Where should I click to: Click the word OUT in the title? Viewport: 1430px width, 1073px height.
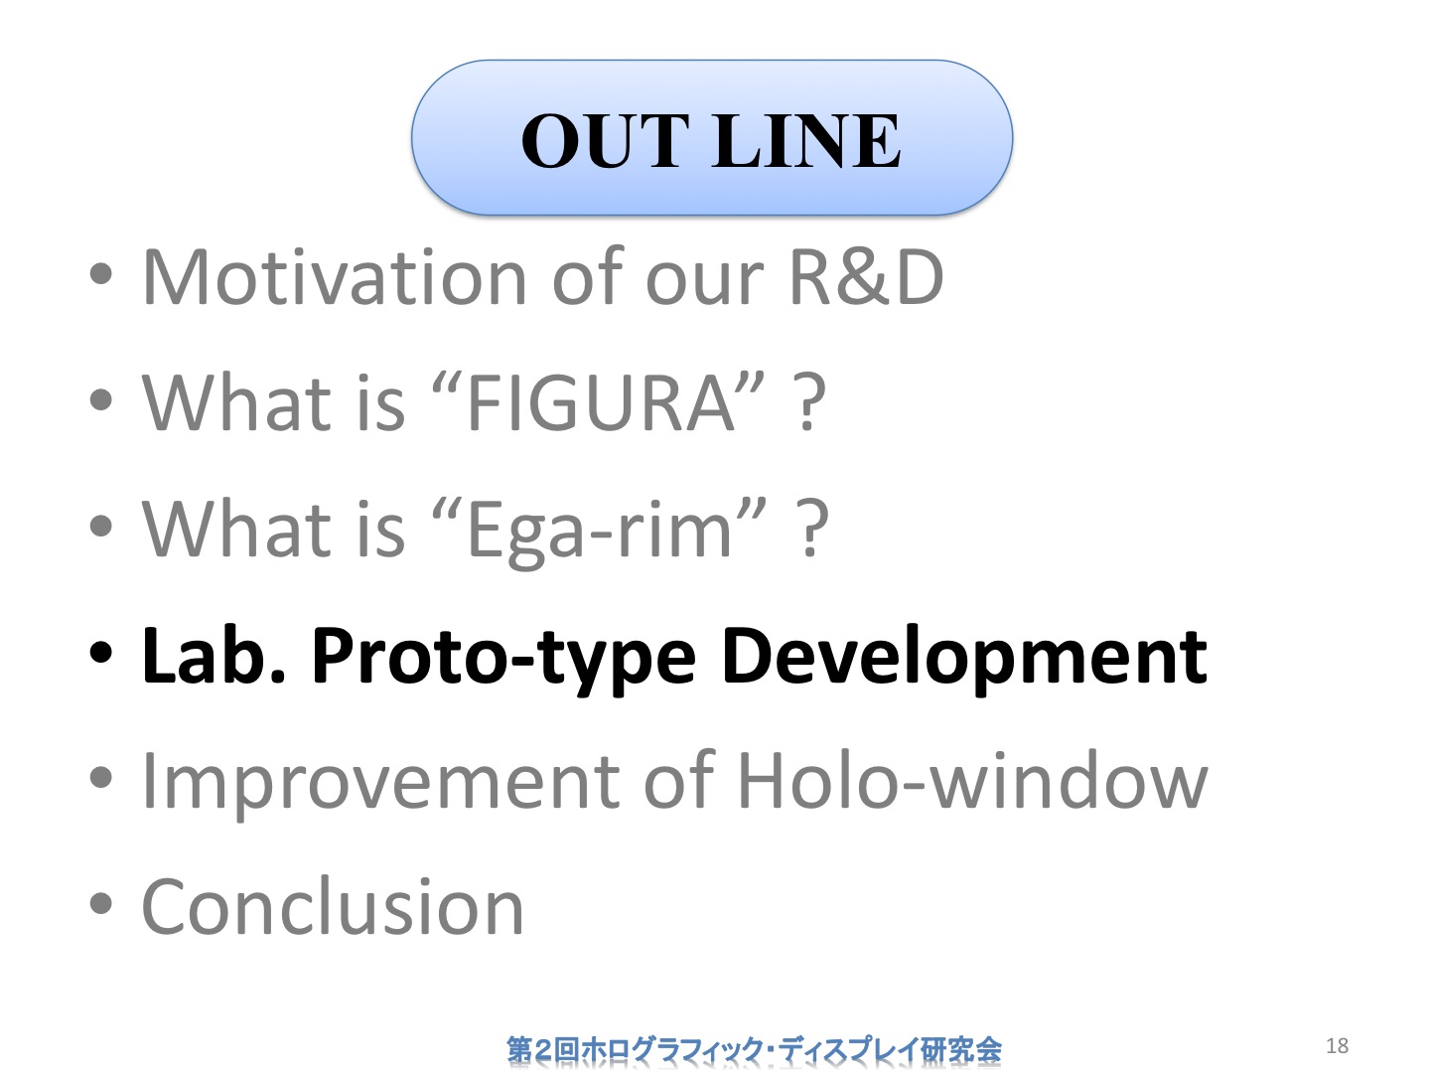(605, 141)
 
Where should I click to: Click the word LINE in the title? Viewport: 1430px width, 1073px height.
(807, 141)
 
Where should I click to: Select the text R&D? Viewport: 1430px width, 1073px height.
(867, 276)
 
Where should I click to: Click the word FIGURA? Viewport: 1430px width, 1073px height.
(602, 402)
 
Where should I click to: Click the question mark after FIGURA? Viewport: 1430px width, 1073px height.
(809, 402)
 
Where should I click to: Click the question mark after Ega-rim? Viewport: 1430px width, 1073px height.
(812, 529)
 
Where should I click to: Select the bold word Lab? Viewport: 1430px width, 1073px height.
(214, 654)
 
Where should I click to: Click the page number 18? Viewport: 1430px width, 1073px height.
(1337, 1045)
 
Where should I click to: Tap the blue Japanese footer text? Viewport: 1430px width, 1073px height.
(754, 1049)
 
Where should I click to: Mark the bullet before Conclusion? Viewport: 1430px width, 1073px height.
(101, 904)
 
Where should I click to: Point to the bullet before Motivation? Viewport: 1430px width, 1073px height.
(101, 274)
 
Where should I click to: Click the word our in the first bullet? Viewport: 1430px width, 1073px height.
(704, 281)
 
